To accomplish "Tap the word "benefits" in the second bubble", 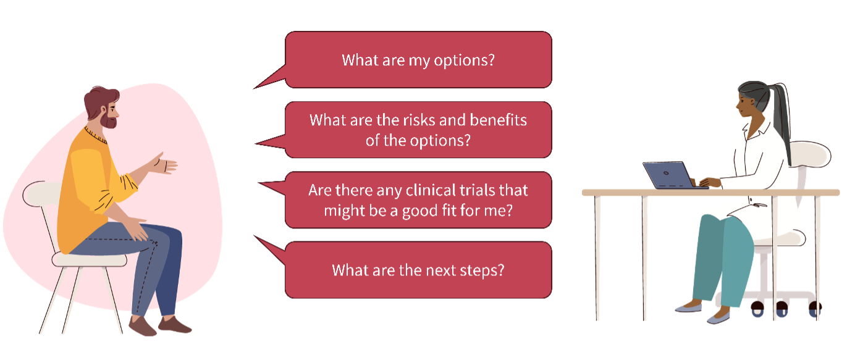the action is pos(499,120).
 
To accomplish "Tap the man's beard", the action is pos(109,122).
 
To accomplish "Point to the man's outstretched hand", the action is pos(164,164).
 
